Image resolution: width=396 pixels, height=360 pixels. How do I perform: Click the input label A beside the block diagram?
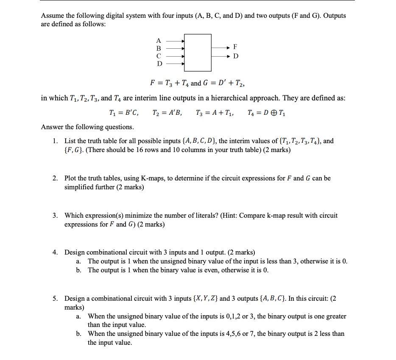[x=159, y=41]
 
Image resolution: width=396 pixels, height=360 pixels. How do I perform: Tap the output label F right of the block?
[x=235, y=46]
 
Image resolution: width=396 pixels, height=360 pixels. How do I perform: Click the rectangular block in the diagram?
[x=198, y=53]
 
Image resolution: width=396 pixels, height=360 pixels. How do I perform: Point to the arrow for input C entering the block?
[x=174, y=56]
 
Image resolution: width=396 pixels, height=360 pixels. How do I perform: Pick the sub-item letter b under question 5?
[x=79, y=334]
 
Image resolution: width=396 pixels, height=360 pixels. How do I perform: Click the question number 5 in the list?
[x=55, y=299]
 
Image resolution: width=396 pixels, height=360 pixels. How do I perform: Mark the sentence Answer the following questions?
[x=87, y=127]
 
